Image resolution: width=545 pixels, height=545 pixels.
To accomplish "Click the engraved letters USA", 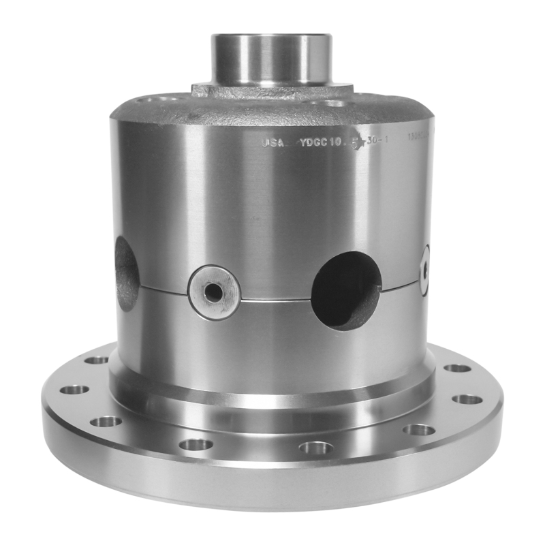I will click(x=272, y=143).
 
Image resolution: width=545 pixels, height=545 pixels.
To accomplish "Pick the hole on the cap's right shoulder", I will click(x=334, y=104).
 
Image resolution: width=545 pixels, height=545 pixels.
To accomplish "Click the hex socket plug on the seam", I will click(x=214, y=292).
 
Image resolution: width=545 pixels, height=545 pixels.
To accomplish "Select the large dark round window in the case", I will click(x=346, y=290).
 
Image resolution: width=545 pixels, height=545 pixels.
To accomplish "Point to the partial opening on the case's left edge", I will click(x=127, y=272).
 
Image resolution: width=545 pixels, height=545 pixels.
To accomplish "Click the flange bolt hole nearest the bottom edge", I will click(x=316, y=448).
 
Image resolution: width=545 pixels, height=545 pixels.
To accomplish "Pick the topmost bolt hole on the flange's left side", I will click(x=97, y=360).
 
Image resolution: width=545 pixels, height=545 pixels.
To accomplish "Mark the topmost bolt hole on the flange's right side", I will click(x=457, y=368).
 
